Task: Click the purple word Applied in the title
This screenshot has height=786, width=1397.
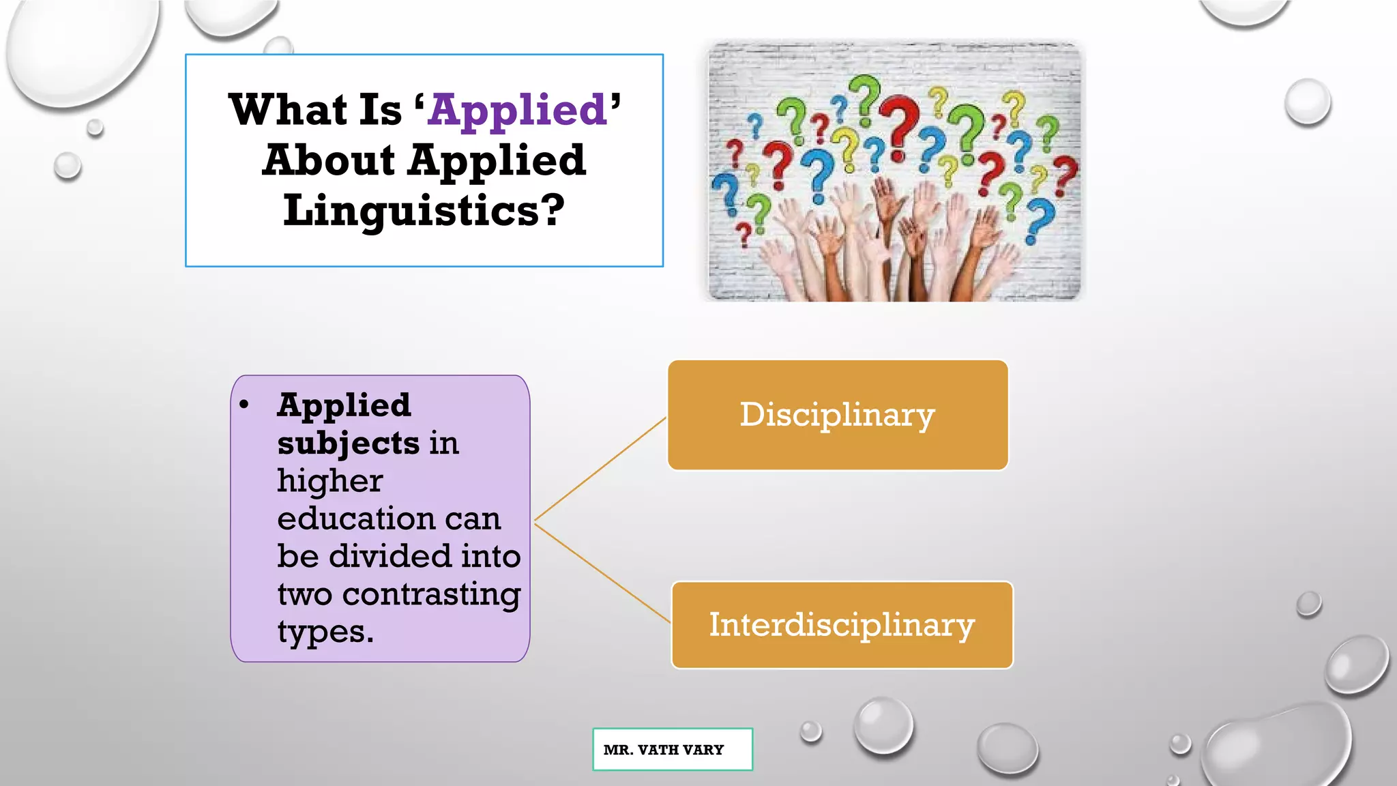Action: (x=518, y=111)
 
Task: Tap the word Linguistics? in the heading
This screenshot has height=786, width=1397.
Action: (x=424, y=210)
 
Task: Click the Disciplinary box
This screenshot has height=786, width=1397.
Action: (x=838, y=415)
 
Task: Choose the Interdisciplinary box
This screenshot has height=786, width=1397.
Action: (x=842, y=625)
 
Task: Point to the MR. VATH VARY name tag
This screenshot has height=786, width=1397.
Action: (x=672, y=749)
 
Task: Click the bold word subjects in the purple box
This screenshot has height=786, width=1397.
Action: (x=348, y=443)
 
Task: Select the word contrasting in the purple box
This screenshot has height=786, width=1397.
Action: (x=431, y=595)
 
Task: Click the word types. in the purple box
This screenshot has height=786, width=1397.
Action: (x=325, y=632)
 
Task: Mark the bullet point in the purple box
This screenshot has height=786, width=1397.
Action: (x=244, y=405)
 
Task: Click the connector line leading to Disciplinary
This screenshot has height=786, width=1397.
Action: (x=600, y=469)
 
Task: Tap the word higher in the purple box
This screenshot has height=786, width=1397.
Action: (x=329, y=481)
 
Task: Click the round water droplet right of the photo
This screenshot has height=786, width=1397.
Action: (x=1307, y=102)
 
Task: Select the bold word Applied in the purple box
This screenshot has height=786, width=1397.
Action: (x=344, y=405)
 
